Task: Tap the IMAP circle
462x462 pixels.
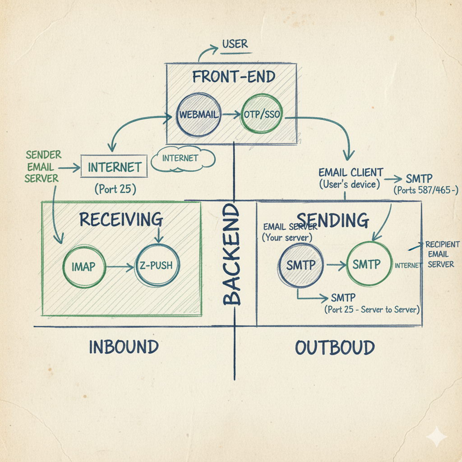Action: coord(84,267)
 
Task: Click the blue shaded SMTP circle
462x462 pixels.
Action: coord(301,264)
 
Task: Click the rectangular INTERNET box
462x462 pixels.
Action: coord(114,167)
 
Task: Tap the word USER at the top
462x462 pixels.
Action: coord(235,44)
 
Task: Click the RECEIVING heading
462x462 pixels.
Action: coord(121,219)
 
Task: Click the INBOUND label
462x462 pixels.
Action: coord(124,347)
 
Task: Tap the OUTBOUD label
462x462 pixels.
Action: coord(335,348)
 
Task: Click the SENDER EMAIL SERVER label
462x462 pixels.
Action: coord(42,167)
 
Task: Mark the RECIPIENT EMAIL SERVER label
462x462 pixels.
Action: coord(443,254)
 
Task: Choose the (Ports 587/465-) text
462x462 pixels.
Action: coord(426,190)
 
